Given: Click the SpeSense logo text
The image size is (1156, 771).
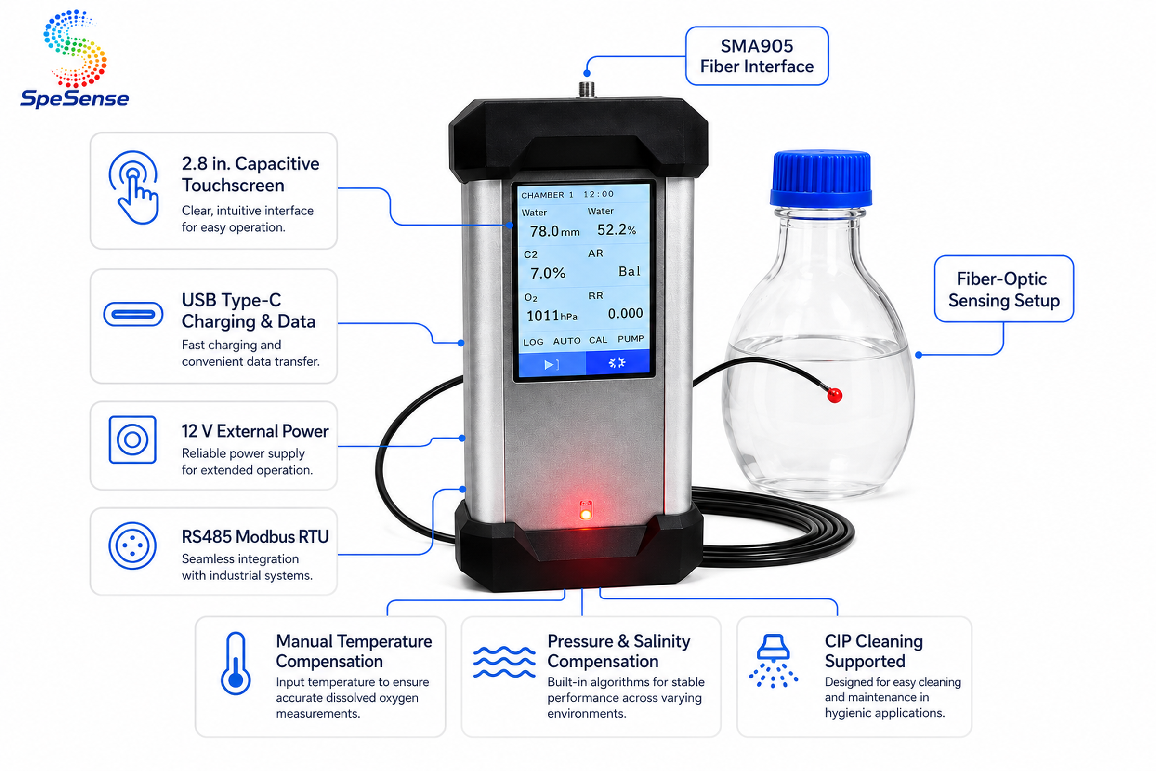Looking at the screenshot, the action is click(75, 98).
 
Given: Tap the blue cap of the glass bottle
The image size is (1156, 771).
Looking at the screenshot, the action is click(820, 179).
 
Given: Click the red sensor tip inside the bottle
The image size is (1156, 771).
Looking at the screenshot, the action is click(835, 395).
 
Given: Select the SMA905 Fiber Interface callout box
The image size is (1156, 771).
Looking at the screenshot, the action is click(757, 56).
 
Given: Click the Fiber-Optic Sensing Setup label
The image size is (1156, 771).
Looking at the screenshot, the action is click(1004, 289).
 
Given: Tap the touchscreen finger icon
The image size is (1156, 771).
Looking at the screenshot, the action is click(134, 187).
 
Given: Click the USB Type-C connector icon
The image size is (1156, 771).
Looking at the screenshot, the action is click(133, 314).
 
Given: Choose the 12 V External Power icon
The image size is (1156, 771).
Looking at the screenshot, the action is click(133, 439).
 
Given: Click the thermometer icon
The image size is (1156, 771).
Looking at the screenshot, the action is click(236, 663).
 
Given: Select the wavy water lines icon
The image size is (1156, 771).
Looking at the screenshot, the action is click(504, 662).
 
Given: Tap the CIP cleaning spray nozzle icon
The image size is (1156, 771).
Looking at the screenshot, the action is click(773, 661).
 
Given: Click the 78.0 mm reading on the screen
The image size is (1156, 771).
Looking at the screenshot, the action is click(554, 231).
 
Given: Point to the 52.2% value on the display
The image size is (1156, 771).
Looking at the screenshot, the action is click(617, 229).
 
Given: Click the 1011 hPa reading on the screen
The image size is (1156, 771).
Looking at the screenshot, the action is click(552, 316).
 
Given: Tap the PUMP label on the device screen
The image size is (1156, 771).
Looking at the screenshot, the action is click(631, 339).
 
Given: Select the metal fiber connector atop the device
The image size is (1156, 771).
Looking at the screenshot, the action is click(586, 90).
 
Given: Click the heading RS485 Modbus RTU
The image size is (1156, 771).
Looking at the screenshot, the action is click(255, 536).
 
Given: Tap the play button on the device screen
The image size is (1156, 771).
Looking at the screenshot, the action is click(551, 364).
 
